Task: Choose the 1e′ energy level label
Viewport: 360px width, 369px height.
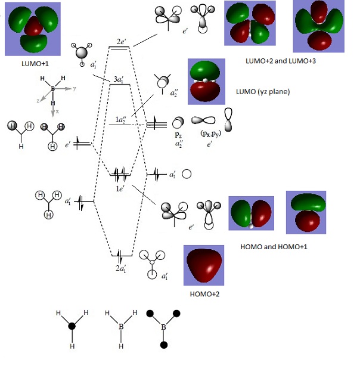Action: pyautogui.click(x=120, y=188)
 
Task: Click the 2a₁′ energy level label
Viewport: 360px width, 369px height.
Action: pyautogui.click(x=122, y=267)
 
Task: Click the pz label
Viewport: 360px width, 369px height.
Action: pyautogui.click(x=178, y=135)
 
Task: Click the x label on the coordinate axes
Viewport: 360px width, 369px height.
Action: pyautogui.click(x=58, y=111)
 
